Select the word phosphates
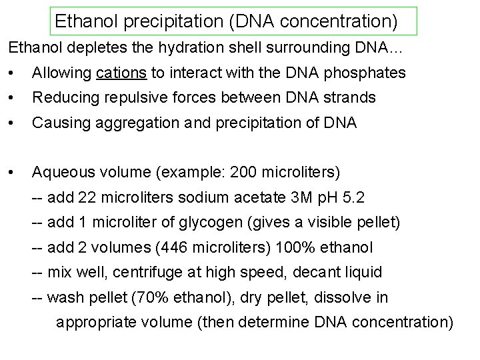369,73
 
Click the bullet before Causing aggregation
11,123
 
